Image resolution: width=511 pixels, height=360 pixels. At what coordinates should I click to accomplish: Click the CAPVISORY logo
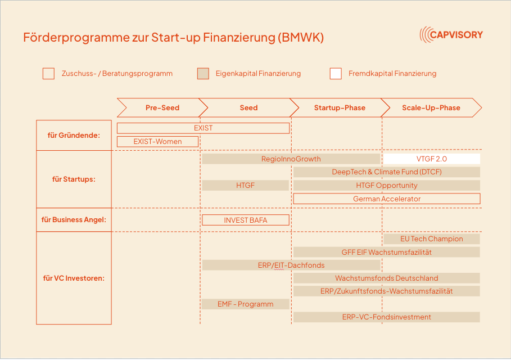point(451,34)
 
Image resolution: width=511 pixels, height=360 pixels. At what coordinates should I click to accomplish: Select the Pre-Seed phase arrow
point(162,107)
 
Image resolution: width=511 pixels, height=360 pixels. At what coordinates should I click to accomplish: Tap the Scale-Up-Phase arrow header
point(431,107)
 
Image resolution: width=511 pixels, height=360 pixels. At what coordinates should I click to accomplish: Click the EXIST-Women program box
point(158,142)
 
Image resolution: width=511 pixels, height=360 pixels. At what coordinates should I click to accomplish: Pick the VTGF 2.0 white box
point(432,159)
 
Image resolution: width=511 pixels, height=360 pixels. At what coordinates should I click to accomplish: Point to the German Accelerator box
point(387,199)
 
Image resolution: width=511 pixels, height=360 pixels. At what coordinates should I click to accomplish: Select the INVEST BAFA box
point(246,220)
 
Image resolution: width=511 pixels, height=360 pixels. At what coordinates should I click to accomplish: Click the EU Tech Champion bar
point(432,238)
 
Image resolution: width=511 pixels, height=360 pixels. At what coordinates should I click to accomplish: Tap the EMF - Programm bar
point(246,304)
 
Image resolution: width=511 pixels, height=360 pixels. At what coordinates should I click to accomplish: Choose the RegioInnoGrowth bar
point(291,159)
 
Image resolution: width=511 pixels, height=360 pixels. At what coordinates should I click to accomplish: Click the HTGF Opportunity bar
point(387,185)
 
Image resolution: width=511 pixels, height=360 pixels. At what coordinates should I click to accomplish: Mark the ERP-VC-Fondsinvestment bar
point(387,317)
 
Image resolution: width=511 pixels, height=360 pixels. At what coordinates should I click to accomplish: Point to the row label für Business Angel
point(74,220)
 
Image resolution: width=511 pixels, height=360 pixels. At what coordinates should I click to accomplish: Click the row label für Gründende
point(74,136)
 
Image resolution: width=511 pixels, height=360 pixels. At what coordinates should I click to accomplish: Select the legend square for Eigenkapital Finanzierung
point(203,73)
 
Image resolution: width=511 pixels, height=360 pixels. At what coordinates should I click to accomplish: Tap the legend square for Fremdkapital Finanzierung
point(336,73)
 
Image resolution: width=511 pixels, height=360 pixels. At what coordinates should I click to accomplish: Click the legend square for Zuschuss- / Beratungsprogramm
point(48,73)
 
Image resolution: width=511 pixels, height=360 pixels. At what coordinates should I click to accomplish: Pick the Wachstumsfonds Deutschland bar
point(387,278)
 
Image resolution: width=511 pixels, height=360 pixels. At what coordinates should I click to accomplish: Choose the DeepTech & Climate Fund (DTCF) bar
point(387,172)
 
